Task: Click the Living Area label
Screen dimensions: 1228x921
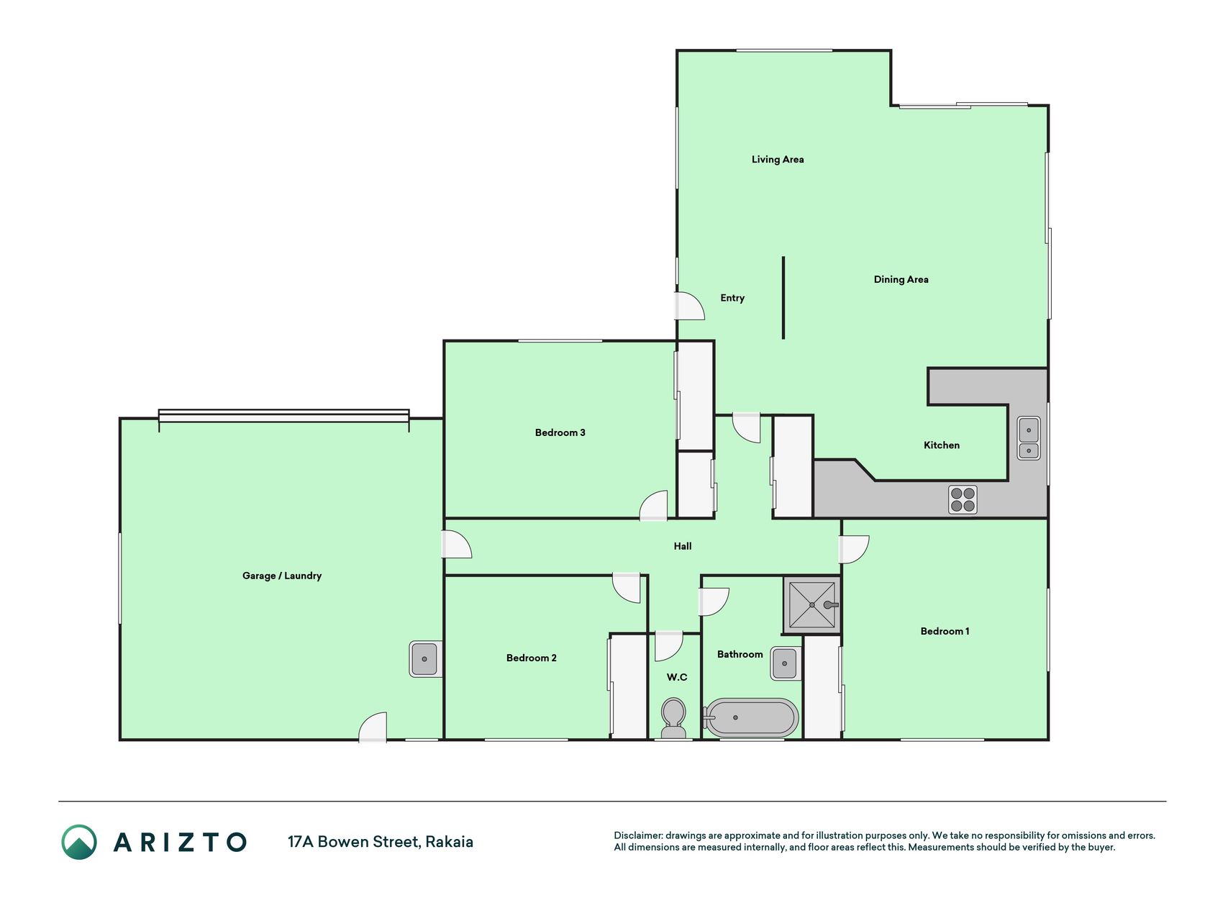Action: pyautogui.click(x=778, y=160)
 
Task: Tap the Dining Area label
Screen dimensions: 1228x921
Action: pyautogui.click(x=901, y=280)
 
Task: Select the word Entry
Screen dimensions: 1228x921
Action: pyautogui.click(x=732, y=298)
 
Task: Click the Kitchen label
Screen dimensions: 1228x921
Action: pyautogui.click(x=942, y=445)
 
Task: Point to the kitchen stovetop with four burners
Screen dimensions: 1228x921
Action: pyautogui.click(x=963, y=499)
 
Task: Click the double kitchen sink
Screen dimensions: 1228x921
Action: pyautogui.click(x=1029, y=438)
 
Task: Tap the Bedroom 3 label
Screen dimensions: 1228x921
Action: pyautogui.click(x=560, y=432)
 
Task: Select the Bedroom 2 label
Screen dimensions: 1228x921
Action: pyautogui.click(x=532, y=658)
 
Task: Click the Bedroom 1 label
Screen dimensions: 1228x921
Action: pyautogui.click(x=945, y=631)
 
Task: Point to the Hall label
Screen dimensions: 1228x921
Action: pyautogui.click(x=683, y=546)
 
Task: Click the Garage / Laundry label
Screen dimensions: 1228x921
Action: pyautogui.click(x=282, y=576)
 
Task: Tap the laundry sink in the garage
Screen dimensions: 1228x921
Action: pyautogui.click(x=424, y=659)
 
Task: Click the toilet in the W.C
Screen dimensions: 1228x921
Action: pyautogui.click(x=673, y=718)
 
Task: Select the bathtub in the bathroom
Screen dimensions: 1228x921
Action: pyautogui.click(x=750, y=717)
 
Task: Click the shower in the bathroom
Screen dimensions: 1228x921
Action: pyautogui.click(x=811, y=605)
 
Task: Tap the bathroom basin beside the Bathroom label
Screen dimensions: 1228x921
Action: pyautogui.click(x=786, y=663)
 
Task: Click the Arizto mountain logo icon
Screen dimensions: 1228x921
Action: pyautogui.click(x=79, y=842)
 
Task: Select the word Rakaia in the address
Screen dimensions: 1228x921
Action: pyautogui.click(x=450, y=842)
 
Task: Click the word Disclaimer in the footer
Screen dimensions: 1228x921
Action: pyautogui.click(x=637, y=836)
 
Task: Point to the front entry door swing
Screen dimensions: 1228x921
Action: pyautogui.click(x=689, y=306)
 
